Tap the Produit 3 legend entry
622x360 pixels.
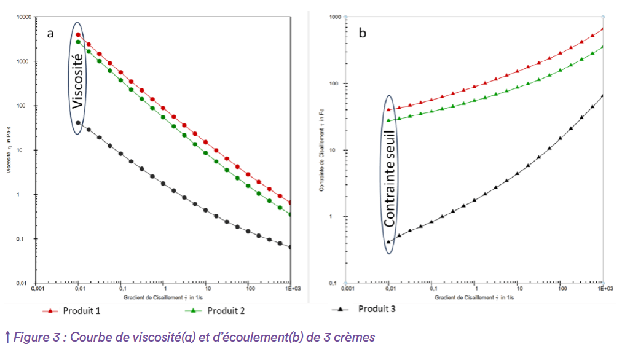click(376, 308)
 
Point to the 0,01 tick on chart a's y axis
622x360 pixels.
click(26, 283)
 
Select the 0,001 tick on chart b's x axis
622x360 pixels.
click(348, 288)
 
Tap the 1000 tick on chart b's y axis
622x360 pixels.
click(335, 17)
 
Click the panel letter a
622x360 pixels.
click(50, 33)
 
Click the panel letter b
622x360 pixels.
click(363, 33)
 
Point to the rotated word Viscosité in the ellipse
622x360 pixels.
click(77, 80)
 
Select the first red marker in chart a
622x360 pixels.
click(79, 34)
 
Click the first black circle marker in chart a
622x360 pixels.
click(79, 123)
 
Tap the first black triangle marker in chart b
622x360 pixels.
click(389, 241)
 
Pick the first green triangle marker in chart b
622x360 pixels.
click(389, 120)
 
